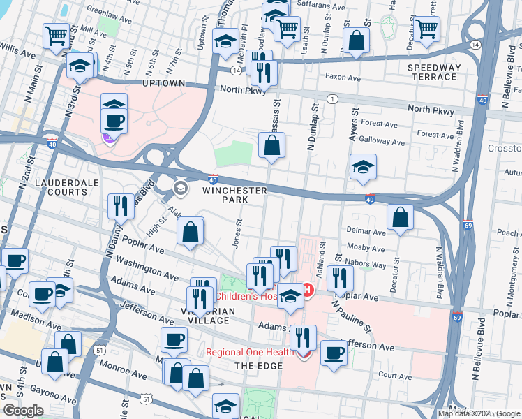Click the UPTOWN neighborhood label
pos(163,83)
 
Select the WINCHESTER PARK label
pos(235,195)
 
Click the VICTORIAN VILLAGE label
pos(206,315)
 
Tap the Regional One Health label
pos(249,353)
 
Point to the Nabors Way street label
pos(370,265)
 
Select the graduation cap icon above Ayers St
pos(363,167)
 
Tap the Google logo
pos(23,411)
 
